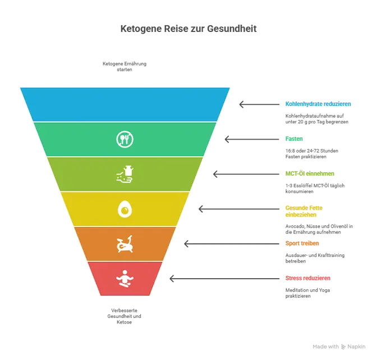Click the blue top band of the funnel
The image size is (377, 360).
[x=125, y=104]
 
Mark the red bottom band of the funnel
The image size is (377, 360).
[x=146, y=278]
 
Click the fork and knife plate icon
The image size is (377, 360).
[x=125, y=139]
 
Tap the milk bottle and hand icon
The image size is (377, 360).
[x=125, y=174]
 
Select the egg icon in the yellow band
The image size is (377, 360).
[x=125, y=209]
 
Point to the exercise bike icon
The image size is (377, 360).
[x=125, y=244]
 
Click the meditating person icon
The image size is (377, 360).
[x=125, y=278]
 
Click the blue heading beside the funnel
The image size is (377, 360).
[x=318, y=103]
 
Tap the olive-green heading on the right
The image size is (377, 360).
[x=310, y=173]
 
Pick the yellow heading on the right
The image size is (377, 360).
[x=304, y=209]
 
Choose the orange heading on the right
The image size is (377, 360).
[x=302, y=243]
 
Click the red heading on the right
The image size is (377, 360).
[x=307, y=278]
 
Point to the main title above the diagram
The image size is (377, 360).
[x=188, y=29]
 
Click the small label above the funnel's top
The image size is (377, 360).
[x=124, y=66]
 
